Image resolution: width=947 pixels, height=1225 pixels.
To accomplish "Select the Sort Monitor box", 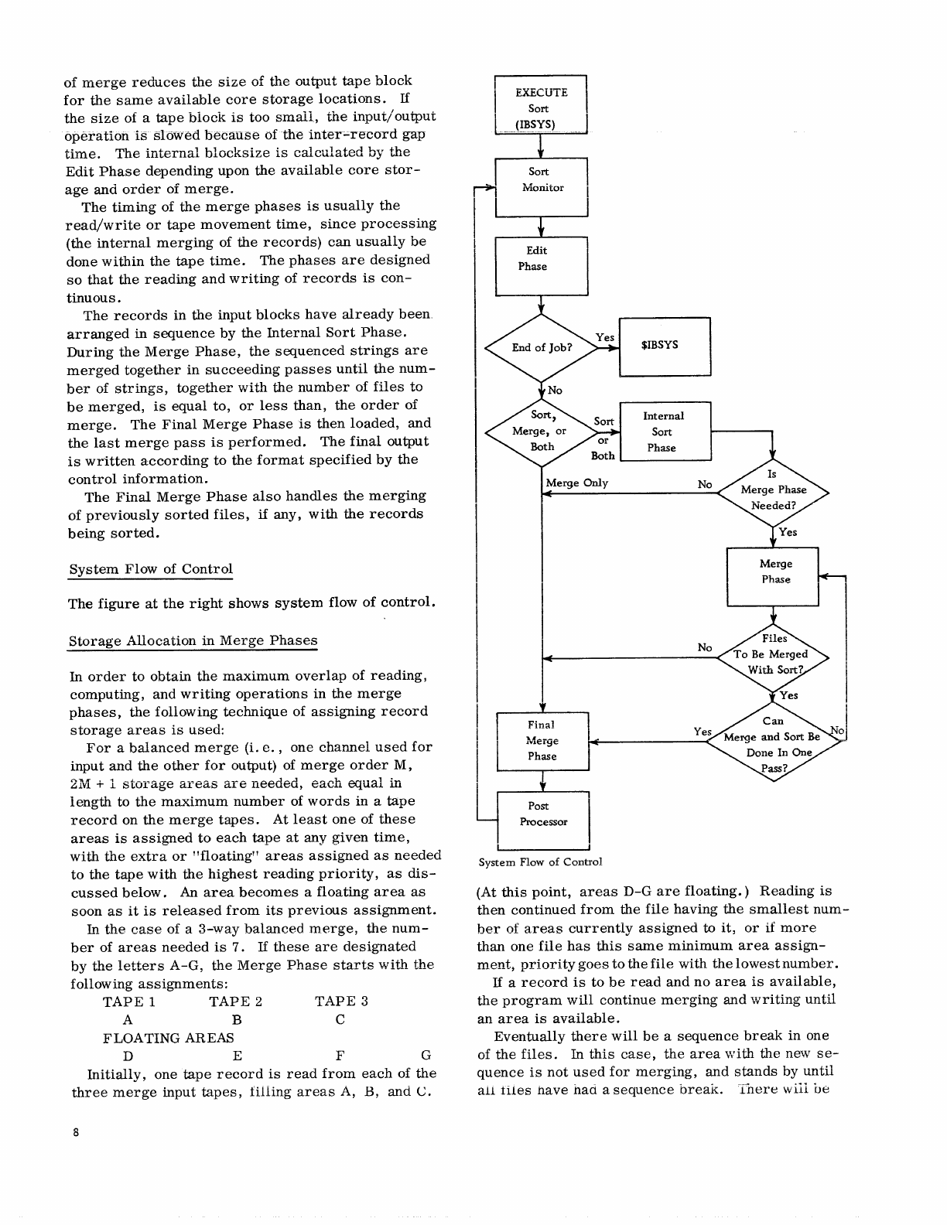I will [x=541, y=187].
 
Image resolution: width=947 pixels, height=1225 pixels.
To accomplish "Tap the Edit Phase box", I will [x=541, y=265].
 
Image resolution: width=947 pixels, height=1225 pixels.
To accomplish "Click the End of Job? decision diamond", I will [x=541, y=348].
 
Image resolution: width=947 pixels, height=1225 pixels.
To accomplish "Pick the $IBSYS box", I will [x=665, y=346].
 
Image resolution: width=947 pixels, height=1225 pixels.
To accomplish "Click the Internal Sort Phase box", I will [x=665, y=432].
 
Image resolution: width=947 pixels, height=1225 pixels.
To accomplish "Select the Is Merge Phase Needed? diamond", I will [x=773, y=490].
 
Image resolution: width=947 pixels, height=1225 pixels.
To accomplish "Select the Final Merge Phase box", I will [x=542, y=741].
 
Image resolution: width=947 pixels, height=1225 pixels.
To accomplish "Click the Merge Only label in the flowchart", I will [x=577, y=483].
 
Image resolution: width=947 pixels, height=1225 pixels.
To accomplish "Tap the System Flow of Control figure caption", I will [x=540, y=862].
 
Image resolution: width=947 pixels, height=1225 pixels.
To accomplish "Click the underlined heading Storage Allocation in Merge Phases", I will [x=193, y=641].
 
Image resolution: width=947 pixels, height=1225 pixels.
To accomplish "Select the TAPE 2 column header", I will [x=235, y=1001].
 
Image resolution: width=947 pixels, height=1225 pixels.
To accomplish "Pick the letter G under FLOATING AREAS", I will [x=426, y=1056].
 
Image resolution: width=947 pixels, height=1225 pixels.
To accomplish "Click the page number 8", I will [x=75, y=1133].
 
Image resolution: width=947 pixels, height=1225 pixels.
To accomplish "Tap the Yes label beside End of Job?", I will [x=605, y=337].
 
